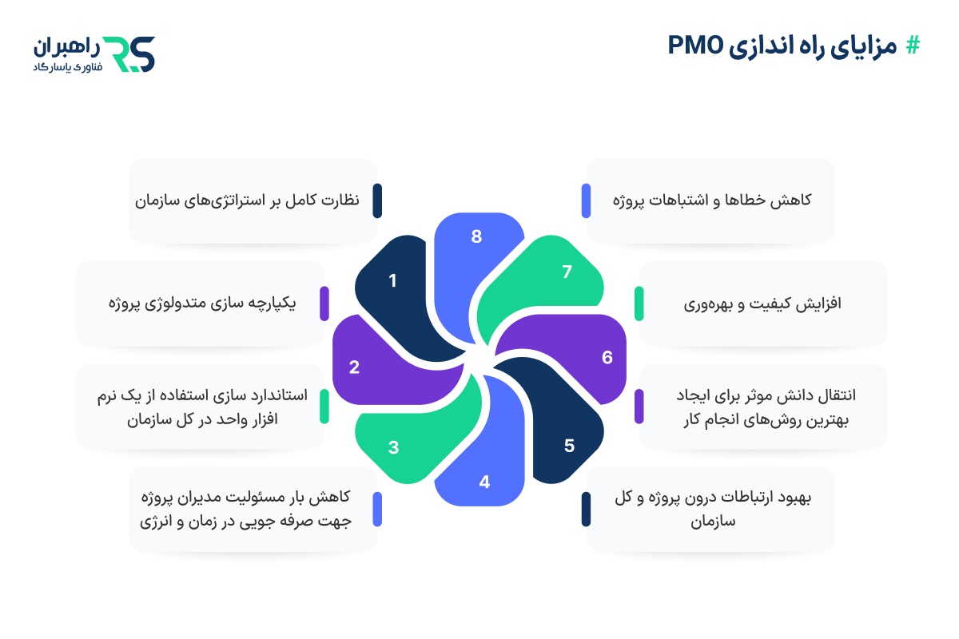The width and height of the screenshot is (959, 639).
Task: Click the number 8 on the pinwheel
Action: (477, 236)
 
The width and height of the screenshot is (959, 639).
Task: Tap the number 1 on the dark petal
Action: (392, 280)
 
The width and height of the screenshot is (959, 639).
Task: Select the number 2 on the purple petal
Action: (354, 368)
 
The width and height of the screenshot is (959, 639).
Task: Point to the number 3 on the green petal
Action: (394, 447)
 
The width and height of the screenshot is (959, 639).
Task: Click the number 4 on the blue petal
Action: (483, 482)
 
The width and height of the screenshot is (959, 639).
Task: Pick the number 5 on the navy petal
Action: (569, 446)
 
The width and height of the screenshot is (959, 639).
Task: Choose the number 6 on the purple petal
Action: (607, 357)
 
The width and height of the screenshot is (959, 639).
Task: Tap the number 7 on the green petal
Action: (567, 272)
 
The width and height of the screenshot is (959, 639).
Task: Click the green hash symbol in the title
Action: (912, 46)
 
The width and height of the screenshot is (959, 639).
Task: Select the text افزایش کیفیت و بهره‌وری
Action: (763, 304)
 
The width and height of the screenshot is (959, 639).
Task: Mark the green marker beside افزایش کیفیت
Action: (639, 304)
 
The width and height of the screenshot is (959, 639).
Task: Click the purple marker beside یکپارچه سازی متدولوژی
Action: (324, 304)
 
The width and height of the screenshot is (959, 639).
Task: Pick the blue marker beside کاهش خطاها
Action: (586, 200)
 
